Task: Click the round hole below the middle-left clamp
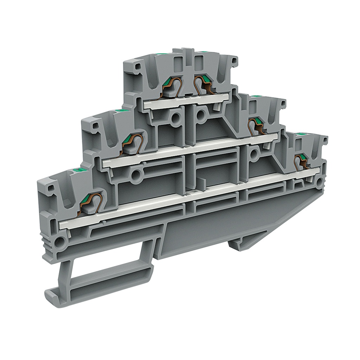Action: (x=136, y=174)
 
